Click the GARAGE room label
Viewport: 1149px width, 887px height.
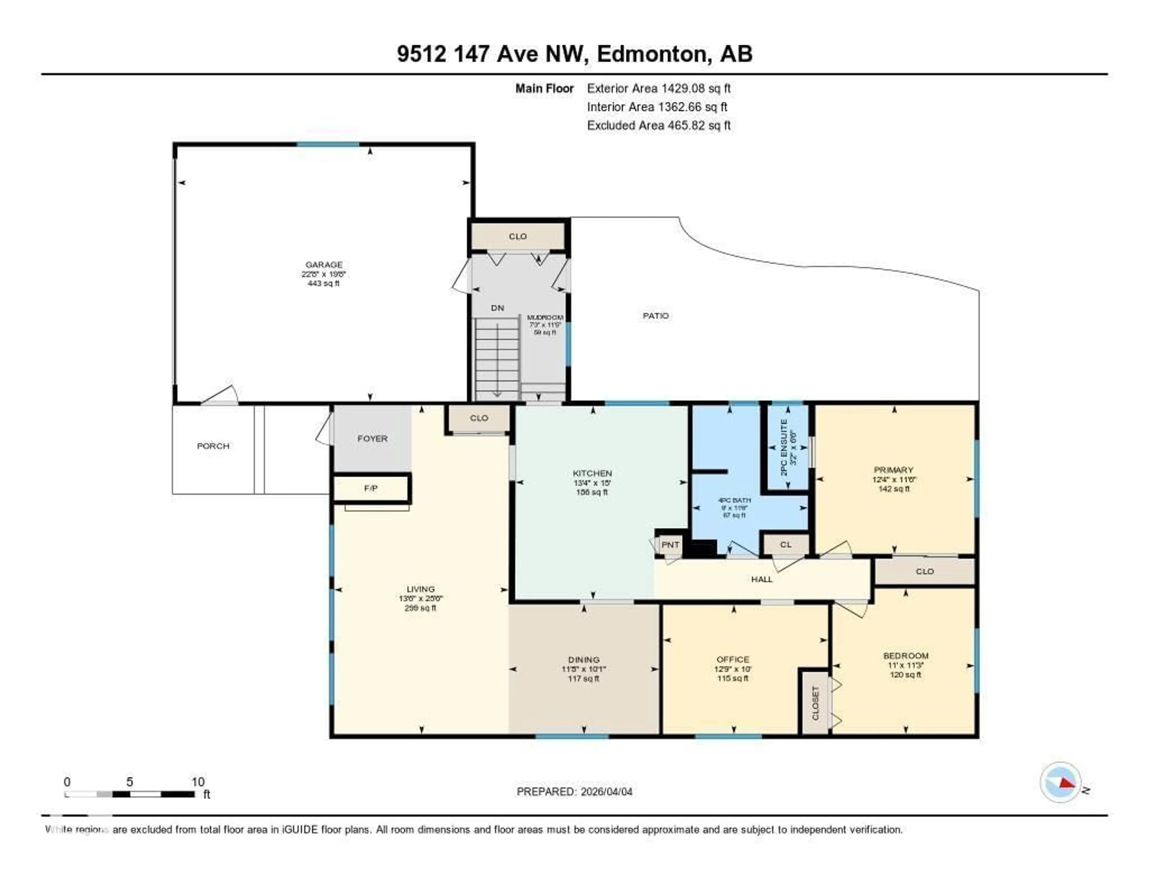(x=323, y=264)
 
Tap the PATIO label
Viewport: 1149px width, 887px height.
(x=656, y=316)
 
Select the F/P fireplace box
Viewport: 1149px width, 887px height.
(x=371, y=488)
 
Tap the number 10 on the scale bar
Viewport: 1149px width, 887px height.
(x=198, y=782)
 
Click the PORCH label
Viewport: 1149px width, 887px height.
(x=213, y=446)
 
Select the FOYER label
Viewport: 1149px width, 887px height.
(x=373, y=438)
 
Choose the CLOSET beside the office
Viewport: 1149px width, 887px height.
(x=815, y=703)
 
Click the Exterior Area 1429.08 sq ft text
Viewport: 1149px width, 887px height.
(x=659, y=88)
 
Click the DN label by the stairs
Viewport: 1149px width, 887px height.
(x=497, y=308)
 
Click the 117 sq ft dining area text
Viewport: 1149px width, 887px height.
(x=583, y=679)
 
